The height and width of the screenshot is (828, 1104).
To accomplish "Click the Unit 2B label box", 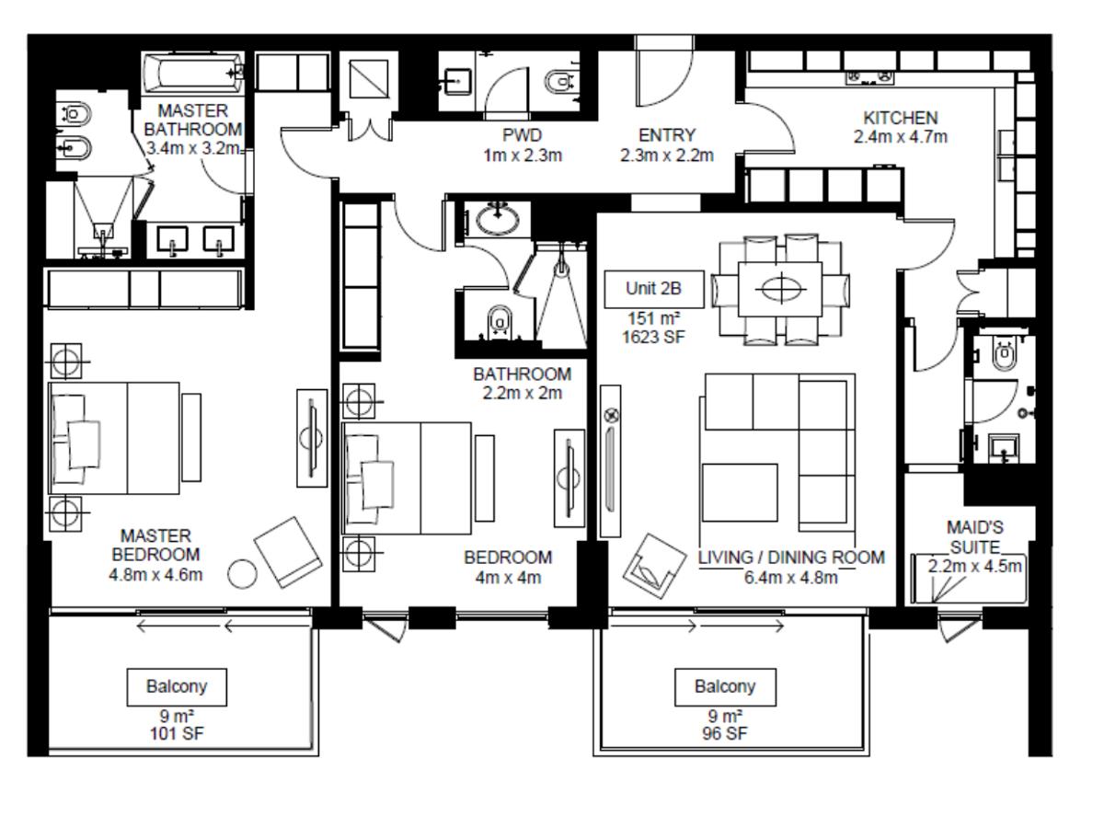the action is coord(653,289).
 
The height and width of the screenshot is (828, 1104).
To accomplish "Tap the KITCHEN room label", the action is coord(901,118).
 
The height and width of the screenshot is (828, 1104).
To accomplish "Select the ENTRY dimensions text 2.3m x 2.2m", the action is coord(666,155).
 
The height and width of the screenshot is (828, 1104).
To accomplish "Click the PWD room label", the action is coord(522,134).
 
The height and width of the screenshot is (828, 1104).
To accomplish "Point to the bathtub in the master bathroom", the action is coord(192,74).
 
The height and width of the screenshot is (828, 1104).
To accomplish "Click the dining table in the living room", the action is coord(780,289).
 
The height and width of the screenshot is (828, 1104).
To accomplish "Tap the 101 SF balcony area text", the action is coord(177,733).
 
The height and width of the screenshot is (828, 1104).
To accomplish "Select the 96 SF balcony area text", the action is coord(725,733).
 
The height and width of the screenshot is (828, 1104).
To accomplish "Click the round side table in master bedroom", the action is coord(243,573).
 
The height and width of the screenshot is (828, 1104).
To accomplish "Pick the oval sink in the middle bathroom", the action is coord(498,220).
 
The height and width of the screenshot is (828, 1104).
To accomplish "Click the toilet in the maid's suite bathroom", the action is coord(1005,354).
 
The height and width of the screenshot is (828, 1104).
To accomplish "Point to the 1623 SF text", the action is coord(653,337).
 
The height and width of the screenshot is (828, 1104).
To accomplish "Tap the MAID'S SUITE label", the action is coord(974,537).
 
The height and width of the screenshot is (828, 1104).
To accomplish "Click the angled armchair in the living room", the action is coord(654,566).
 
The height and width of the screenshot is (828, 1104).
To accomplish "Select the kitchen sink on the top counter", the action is coord(869,77).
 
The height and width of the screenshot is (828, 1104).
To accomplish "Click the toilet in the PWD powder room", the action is coord(559,82).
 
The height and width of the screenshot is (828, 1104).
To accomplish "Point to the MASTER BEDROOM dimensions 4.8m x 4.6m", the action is coord(155,574).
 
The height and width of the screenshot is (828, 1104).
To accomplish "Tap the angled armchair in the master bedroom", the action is coord(288,552).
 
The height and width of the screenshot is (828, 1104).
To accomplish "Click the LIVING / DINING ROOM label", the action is coord(791,557).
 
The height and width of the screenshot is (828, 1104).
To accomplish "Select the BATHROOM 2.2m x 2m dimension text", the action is coord(522,393).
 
